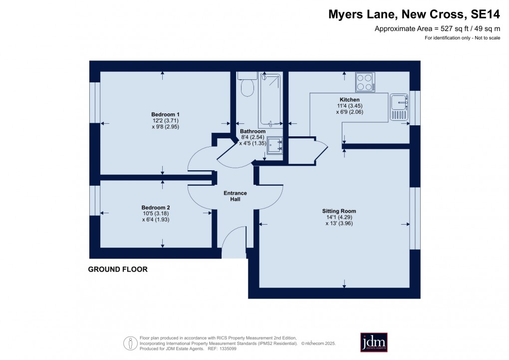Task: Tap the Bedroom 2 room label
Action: (x=156, y=208)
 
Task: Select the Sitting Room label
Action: (x=339, y=211)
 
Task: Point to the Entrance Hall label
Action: (x=235, y=196)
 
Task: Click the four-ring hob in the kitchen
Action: (x=365, y=82)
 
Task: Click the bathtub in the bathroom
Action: (x=270, y=100)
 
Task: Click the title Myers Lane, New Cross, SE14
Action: (x=414, y=14)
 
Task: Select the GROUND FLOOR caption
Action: (x=118, y=270)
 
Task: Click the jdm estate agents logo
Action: (x=374, y=342)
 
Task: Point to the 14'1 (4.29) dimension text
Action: (x=339, y=217)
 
